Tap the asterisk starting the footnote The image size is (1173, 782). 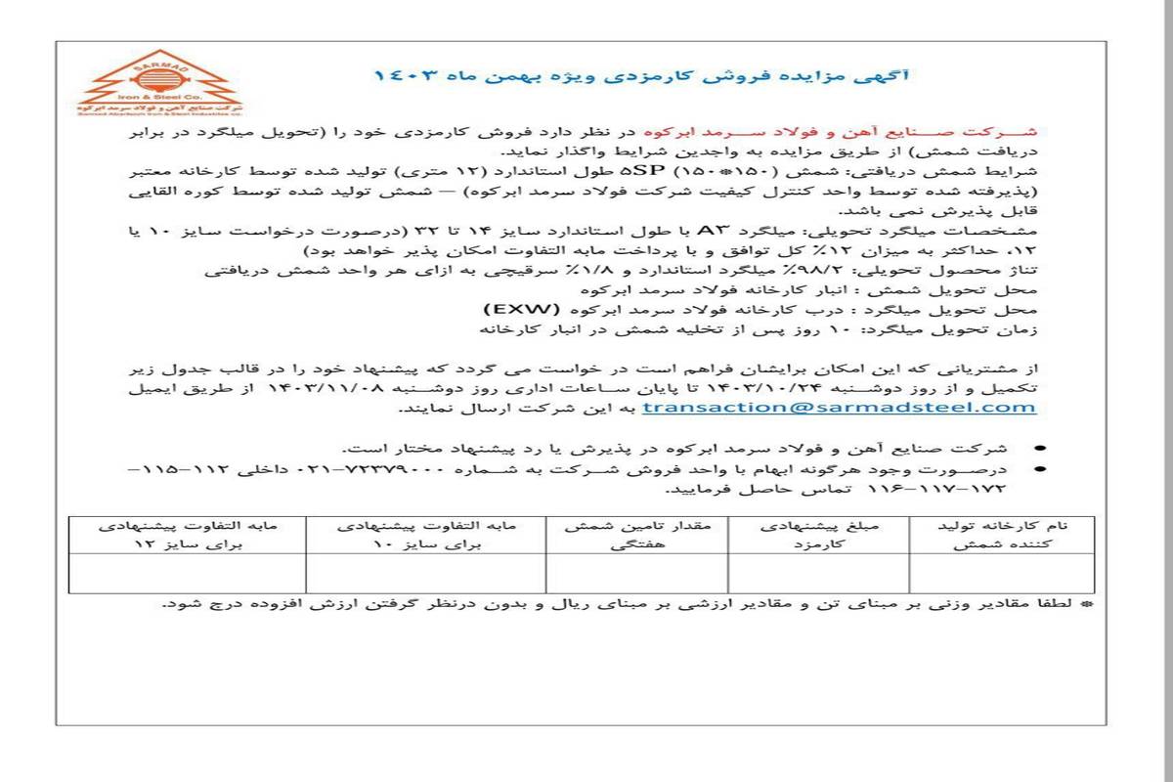tap(1086, 604)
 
